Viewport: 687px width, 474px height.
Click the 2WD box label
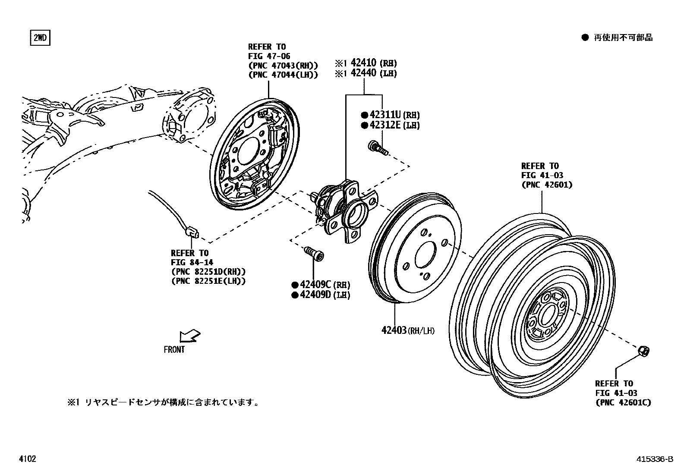40,38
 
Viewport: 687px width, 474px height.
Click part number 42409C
315,285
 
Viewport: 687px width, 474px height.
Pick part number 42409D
315,295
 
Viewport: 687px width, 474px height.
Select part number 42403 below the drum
394,330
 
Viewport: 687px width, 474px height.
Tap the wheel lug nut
644,352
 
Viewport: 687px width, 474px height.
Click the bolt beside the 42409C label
315,253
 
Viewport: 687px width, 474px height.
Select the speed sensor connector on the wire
191,232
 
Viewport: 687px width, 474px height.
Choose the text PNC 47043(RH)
283,66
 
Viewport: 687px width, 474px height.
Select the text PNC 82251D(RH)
208,272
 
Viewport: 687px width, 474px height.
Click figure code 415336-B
654,459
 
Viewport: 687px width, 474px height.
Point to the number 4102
27,459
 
